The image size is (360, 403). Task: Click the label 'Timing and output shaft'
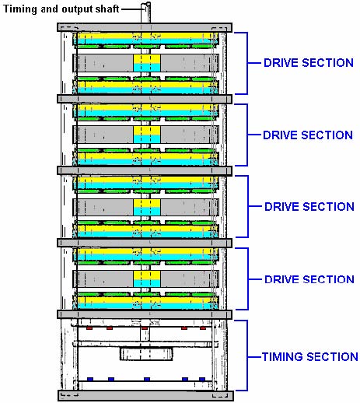tap(61, 9)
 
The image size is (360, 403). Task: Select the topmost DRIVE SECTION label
tap(309, 63)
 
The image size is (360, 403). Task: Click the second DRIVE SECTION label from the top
tap(308, 135)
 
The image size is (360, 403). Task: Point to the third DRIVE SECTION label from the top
tap(309, 207)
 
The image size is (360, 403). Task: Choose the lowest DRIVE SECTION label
tap(309, 279)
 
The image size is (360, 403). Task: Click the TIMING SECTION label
tap(310, 357)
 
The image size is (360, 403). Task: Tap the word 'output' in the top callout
tap(77, 9)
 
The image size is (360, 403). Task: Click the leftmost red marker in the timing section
tap(89, 328)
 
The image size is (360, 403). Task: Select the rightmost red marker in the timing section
tap(203, 328)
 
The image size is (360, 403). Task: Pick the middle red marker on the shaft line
tap(145, 328)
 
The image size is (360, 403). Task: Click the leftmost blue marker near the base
tap(90, 379)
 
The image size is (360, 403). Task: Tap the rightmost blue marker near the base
tap(202, 379)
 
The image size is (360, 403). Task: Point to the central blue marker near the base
tap(147, 379)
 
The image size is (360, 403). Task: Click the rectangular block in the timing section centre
tap(146, 354)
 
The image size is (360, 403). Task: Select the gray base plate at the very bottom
tap(145, 396)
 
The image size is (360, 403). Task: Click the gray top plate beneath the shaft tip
tap(145, 27)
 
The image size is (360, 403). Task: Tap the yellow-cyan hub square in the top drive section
tap(147, 63)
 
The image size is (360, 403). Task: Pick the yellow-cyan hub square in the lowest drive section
tap(147, 279)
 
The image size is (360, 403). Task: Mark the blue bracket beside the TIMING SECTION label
tap(247, 356)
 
